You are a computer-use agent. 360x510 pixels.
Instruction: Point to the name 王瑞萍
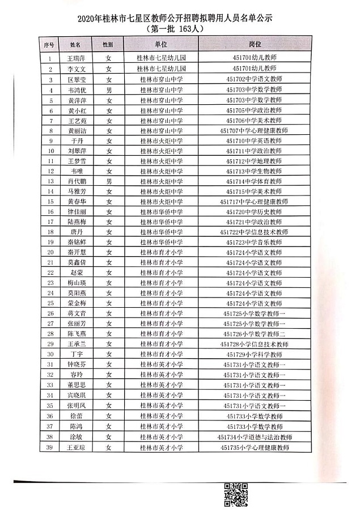[x=75, y=58]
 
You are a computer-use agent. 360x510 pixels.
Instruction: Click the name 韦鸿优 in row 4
[x=75, y=90]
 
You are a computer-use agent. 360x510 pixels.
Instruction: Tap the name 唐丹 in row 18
[x=75, y=232]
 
